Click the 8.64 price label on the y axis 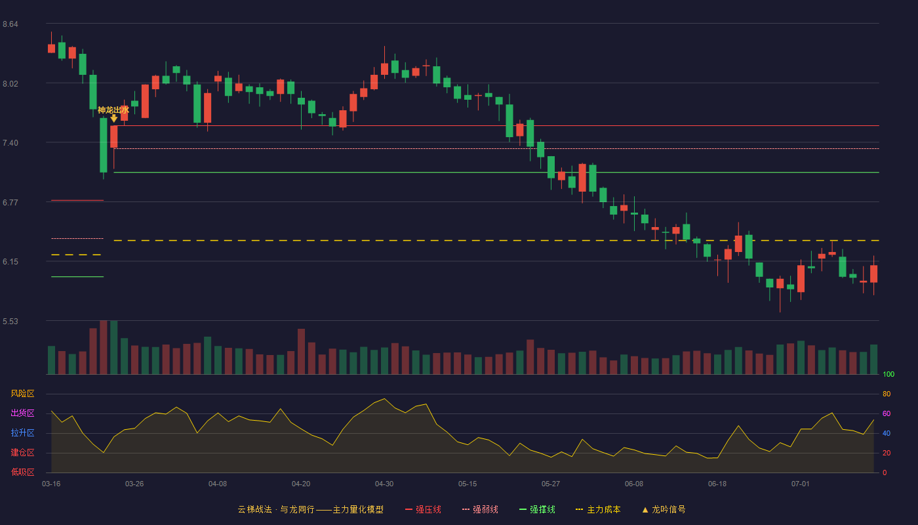(x=10, y=24)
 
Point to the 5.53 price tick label (x=10, y=321)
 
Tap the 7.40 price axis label (x=10, y=143)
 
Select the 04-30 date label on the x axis (x=384, y=484)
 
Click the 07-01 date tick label (x=801, y=484)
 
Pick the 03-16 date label (x=51, y=484)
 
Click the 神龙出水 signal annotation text (x=113, y=110)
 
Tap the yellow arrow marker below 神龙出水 (x=114, y=119)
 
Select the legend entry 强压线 (x=423, y=509)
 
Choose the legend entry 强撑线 (x=537, y=509)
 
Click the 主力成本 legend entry (x=598, y=509)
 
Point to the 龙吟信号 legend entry (x=664, y=509)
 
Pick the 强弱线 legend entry (x=480, y=509)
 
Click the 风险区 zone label (x=22, y=394)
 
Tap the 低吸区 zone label (x=22, y=472)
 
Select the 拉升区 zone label (x=22, y=432)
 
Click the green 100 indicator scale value (x=888, y=374)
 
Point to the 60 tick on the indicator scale (x=887, y=413)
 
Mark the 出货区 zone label (x=22, y=413)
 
